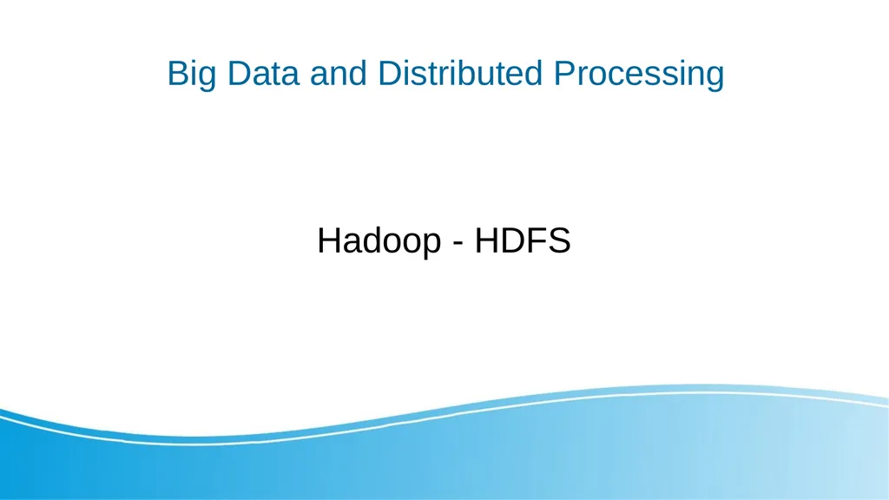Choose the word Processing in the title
[639, 74]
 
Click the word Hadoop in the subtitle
[379, 240]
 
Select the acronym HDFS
[523, 240]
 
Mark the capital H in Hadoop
[330, 240]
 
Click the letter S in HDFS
[558, 240]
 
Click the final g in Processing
[714, 77]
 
